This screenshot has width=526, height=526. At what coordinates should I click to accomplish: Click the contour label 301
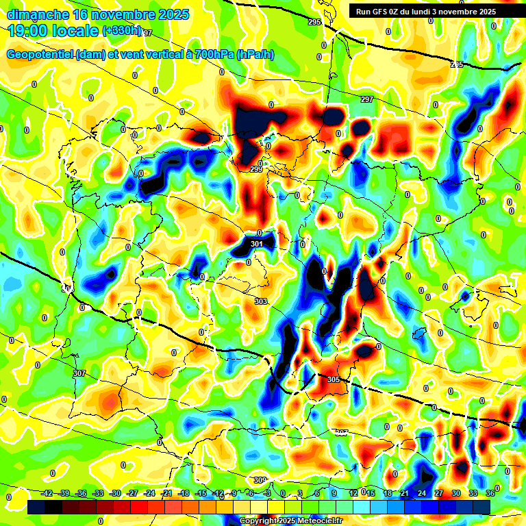(257, 244)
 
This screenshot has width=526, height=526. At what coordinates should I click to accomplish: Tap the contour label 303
(261, 301)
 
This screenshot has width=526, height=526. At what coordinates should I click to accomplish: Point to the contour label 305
(334, 379)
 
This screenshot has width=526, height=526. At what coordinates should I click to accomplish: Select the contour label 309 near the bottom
(260, 480)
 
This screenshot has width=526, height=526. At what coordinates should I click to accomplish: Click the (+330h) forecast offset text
(122, 31)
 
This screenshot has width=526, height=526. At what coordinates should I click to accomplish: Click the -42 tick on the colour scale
(48, 493)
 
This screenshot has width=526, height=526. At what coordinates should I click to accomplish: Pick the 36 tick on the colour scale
(490, 493)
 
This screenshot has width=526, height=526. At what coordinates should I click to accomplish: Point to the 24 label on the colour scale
(421, 493)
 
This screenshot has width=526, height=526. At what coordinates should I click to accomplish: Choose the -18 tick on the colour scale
(184, 493)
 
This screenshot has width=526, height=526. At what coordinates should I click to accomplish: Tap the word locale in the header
(77, 32)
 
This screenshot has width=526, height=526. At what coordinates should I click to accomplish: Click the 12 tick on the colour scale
(353, 493)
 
